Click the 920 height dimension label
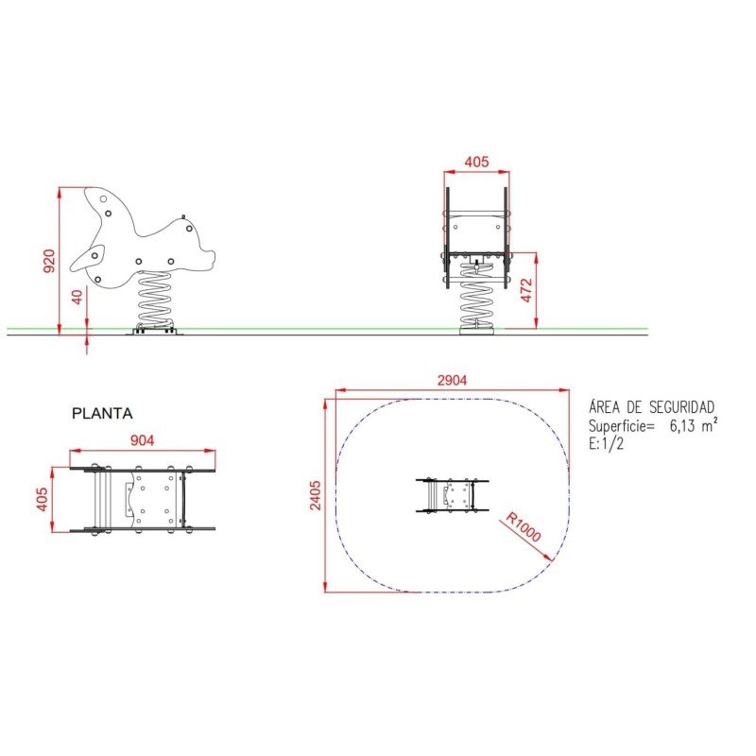[x=49, y=261]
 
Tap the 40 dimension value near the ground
[x=77, y=297]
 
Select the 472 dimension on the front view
[x=526, y=290]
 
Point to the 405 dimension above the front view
[x=476, y=162]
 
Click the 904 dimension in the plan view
[x=143, y=440]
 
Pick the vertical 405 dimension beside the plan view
[x=42, y=499]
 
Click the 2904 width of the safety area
[x=452, y=381]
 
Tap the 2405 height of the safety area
[x=315, y=495]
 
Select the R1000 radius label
[x=524, y=527]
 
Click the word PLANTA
[x=102, y=413]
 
